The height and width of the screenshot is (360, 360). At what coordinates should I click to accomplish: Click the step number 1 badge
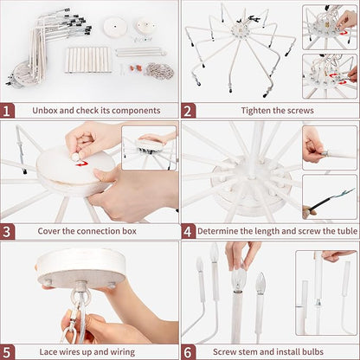(7, 111)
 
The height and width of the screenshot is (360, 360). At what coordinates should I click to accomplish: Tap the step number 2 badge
(188, 111)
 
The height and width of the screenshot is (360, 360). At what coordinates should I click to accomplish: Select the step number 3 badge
(7, 232)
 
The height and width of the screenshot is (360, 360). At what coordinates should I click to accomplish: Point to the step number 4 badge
(188, 232)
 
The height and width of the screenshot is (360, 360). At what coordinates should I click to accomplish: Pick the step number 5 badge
(7, 352)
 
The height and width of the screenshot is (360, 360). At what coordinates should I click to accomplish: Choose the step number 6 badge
(188, 352)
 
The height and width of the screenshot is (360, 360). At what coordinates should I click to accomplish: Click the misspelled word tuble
(347, 231)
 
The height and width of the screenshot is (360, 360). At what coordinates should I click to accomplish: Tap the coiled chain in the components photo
(159, 71)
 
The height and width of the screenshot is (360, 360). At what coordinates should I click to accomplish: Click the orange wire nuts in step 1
(135, 68)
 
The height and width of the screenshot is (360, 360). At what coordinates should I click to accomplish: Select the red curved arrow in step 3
(81, 164)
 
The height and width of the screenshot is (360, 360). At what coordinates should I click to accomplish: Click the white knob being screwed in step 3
(75, 157)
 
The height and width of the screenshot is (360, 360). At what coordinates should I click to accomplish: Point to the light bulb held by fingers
(239, 280)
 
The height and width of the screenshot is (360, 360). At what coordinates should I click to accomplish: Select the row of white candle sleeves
(88, 60)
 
